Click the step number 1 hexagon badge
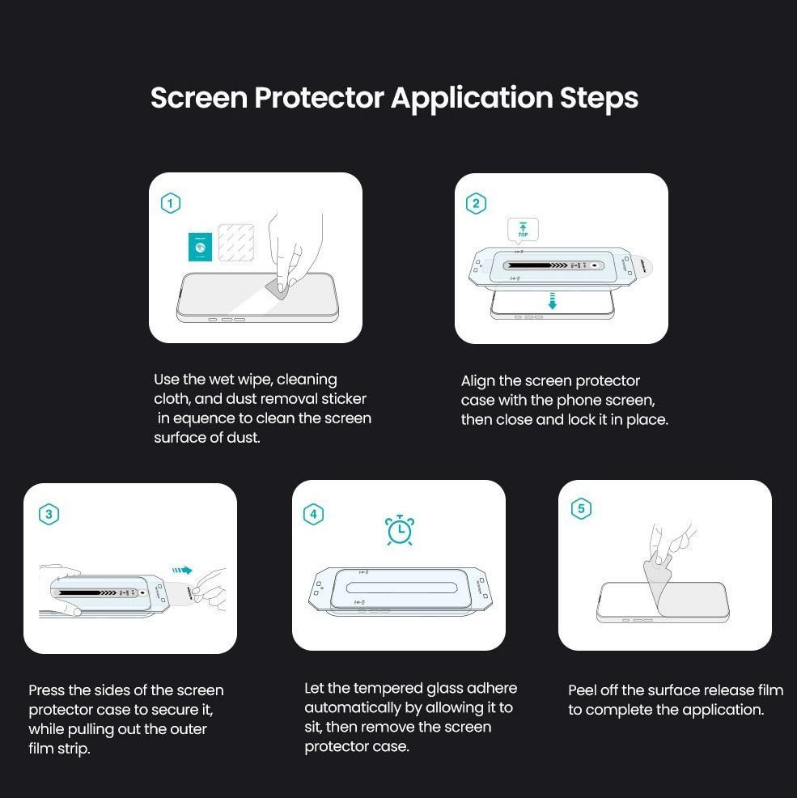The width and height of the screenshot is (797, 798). coord(171,204)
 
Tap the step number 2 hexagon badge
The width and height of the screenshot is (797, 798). coord(476,204)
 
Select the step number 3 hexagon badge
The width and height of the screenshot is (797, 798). coord(49,514)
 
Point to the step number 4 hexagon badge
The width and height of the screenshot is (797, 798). coord(313,514)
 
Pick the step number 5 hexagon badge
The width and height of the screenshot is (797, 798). coord(581,508)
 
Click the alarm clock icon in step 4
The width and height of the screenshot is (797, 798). coord(400,530)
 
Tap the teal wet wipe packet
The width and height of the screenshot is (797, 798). coord(200,247)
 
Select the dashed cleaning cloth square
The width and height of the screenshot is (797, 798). coord(236,242)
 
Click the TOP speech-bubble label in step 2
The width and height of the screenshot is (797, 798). coord(523,230)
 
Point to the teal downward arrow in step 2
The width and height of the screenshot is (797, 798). coord(552,301)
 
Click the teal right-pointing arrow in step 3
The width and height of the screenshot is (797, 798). coord(182,571)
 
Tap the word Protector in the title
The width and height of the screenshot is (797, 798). coord(319,97)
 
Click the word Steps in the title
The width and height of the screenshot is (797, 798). coord(599,98)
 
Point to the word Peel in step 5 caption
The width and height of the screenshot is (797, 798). coord(583,690)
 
